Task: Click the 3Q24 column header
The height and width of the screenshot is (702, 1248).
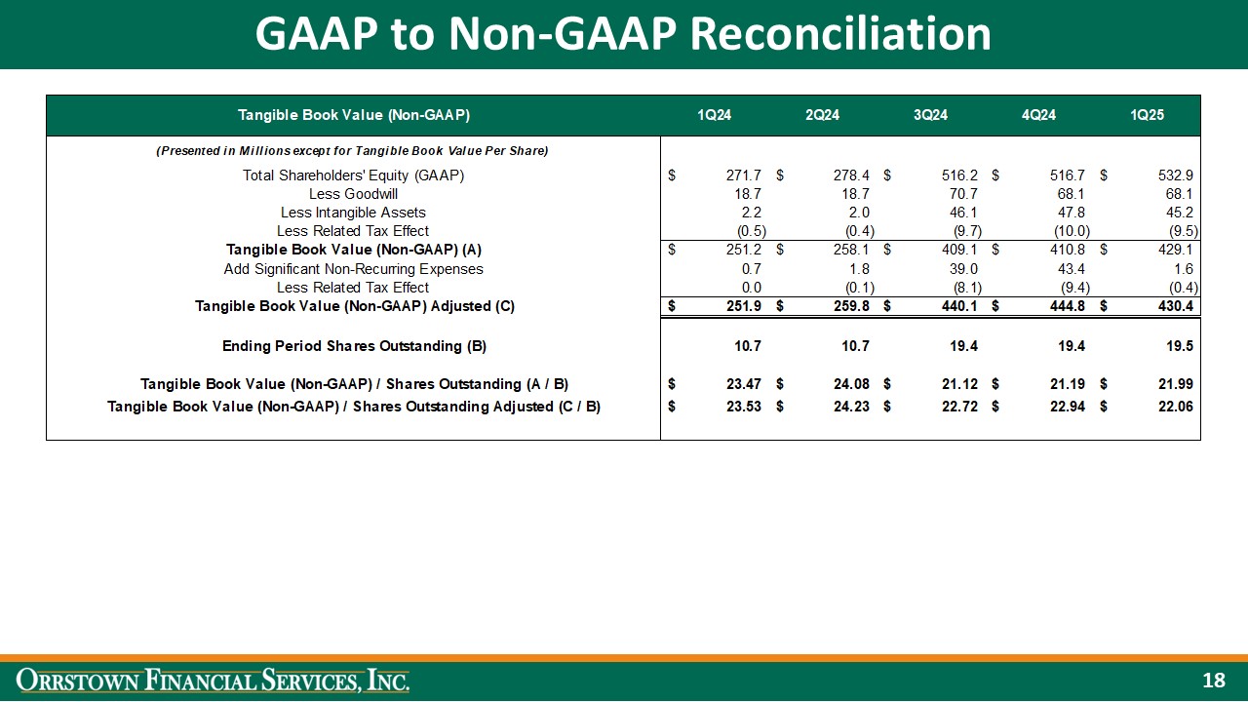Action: click(930, 115)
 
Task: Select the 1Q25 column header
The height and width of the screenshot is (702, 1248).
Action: click(1147, 115)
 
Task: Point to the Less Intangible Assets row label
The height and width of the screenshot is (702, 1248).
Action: click(353, 213)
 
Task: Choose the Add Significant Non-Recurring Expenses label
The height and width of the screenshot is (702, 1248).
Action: click(353, 269)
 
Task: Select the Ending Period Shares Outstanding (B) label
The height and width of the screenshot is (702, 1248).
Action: click(354, 346)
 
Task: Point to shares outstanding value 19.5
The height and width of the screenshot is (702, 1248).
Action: click(1181, 346)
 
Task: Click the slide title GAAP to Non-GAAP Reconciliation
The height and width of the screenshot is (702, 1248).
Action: click(623, 34)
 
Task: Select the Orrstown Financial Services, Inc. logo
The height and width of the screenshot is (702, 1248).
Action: click(214, 680)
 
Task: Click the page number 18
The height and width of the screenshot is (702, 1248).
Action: click(1214, 681)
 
